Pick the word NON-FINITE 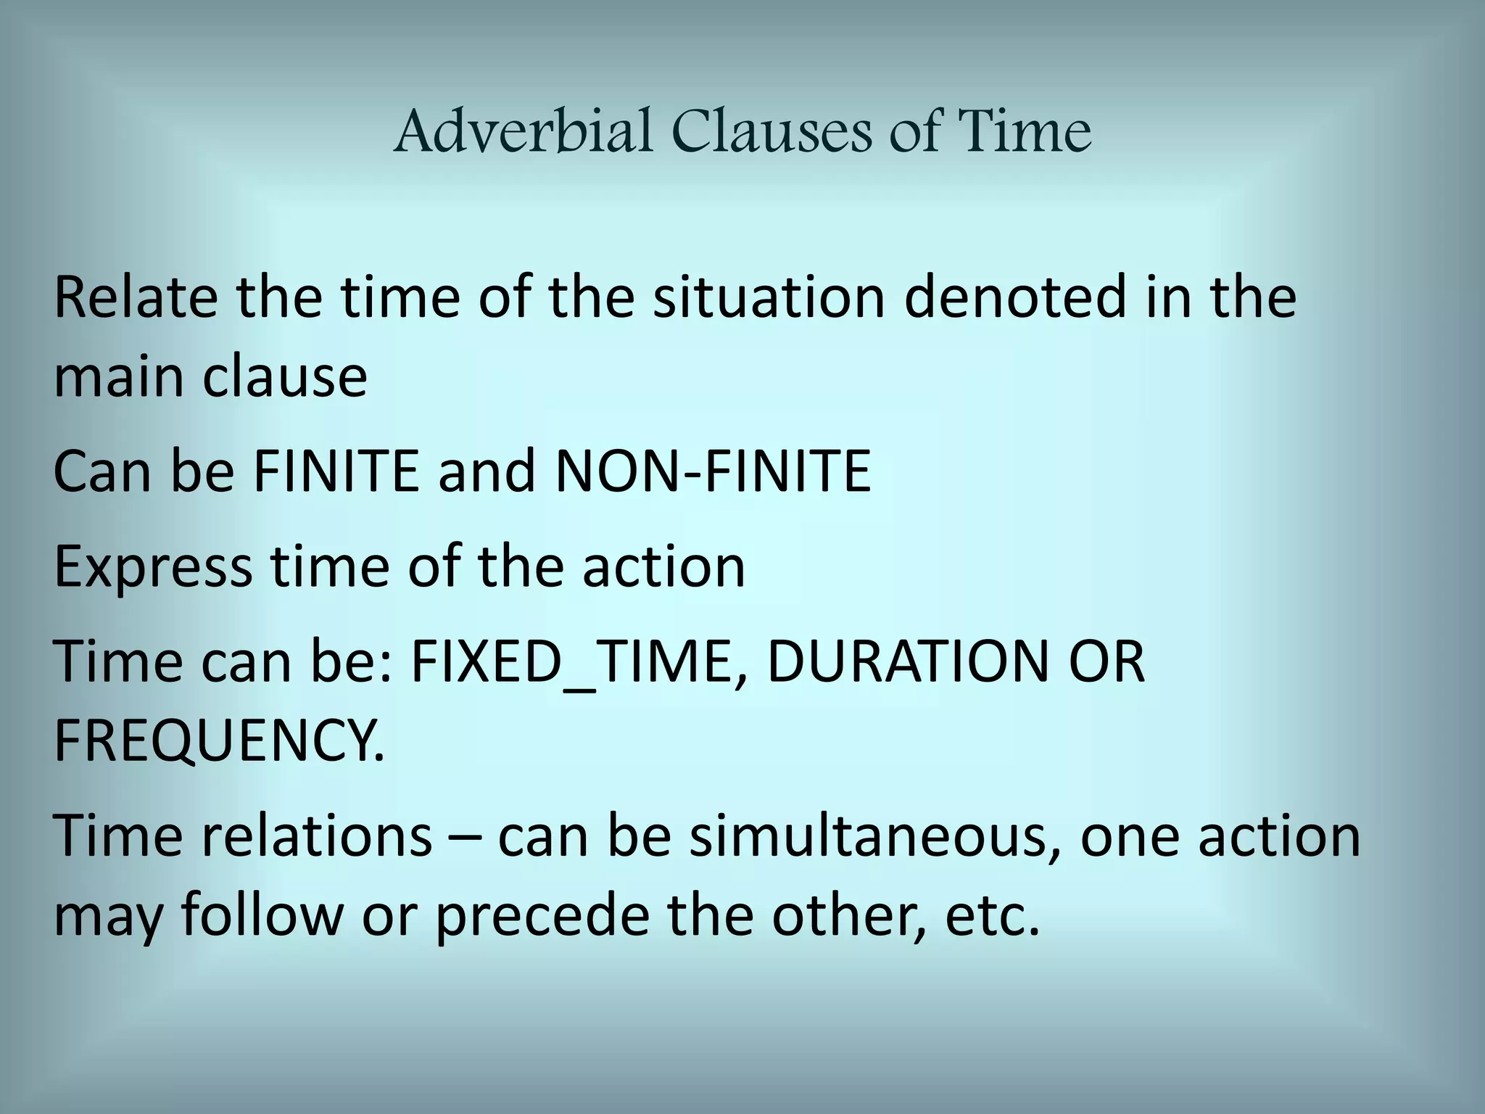point(712,471)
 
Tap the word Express point(153,566)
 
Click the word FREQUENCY point(218,741)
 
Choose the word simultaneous point(877,835)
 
